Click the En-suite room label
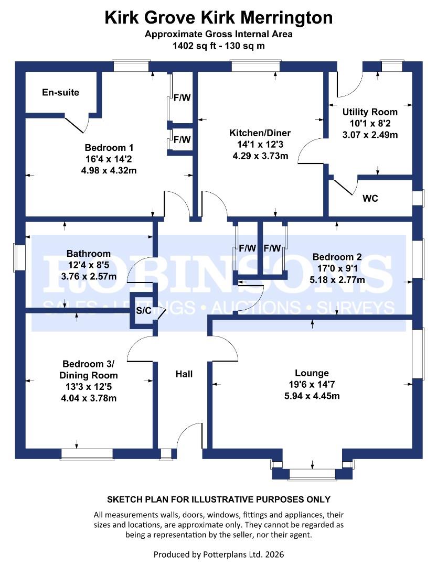click(60, 93)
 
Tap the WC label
click(370, 199)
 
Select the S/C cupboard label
click(144, 311)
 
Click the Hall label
click(184, 374)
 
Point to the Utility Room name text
click(370, 112)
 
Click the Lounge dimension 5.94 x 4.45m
click(312, 396)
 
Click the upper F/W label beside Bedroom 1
click(182, 97)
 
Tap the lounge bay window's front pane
click(313, 474)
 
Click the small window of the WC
click(418, 199)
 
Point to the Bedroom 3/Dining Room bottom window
click(87, 453)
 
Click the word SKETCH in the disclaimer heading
click(124, 499)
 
